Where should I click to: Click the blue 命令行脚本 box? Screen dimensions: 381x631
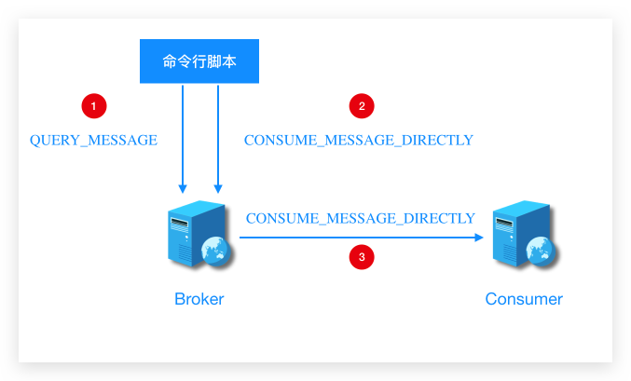point(199,61)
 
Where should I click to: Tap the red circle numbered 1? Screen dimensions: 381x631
point(93,106)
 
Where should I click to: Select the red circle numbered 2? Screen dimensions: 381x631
point(362,106)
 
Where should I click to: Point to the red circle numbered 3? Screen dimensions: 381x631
point(362,257)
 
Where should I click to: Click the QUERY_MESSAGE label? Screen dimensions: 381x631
point(93,141)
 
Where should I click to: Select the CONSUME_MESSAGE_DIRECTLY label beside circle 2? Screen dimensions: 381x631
point(359,141)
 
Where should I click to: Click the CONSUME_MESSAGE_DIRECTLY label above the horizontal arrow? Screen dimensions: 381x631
point(361,218)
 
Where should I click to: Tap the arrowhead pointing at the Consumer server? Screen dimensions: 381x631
point(480,238)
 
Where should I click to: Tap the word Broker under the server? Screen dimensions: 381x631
point(199,299)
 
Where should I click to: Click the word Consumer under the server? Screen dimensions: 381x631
point(524,299)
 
